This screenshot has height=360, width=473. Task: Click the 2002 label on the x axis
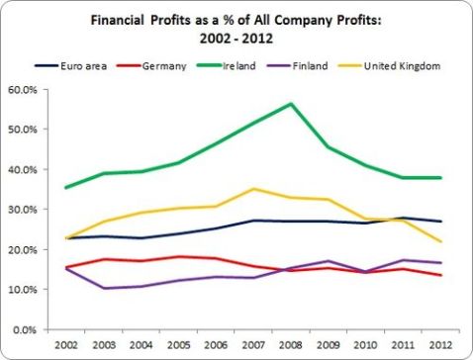click(x=68, y=343)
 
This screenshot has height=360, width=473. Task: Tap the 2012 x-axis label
click(x=439, y=343)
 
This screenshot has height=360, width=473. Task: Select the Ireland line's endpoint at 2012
click(x=439, y=178)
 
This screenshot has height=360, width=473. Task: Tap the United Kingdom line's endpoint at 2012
click(x=439, y=241)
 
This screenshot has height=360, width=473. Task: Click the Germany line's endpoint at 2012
click(x=439, y=275)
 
